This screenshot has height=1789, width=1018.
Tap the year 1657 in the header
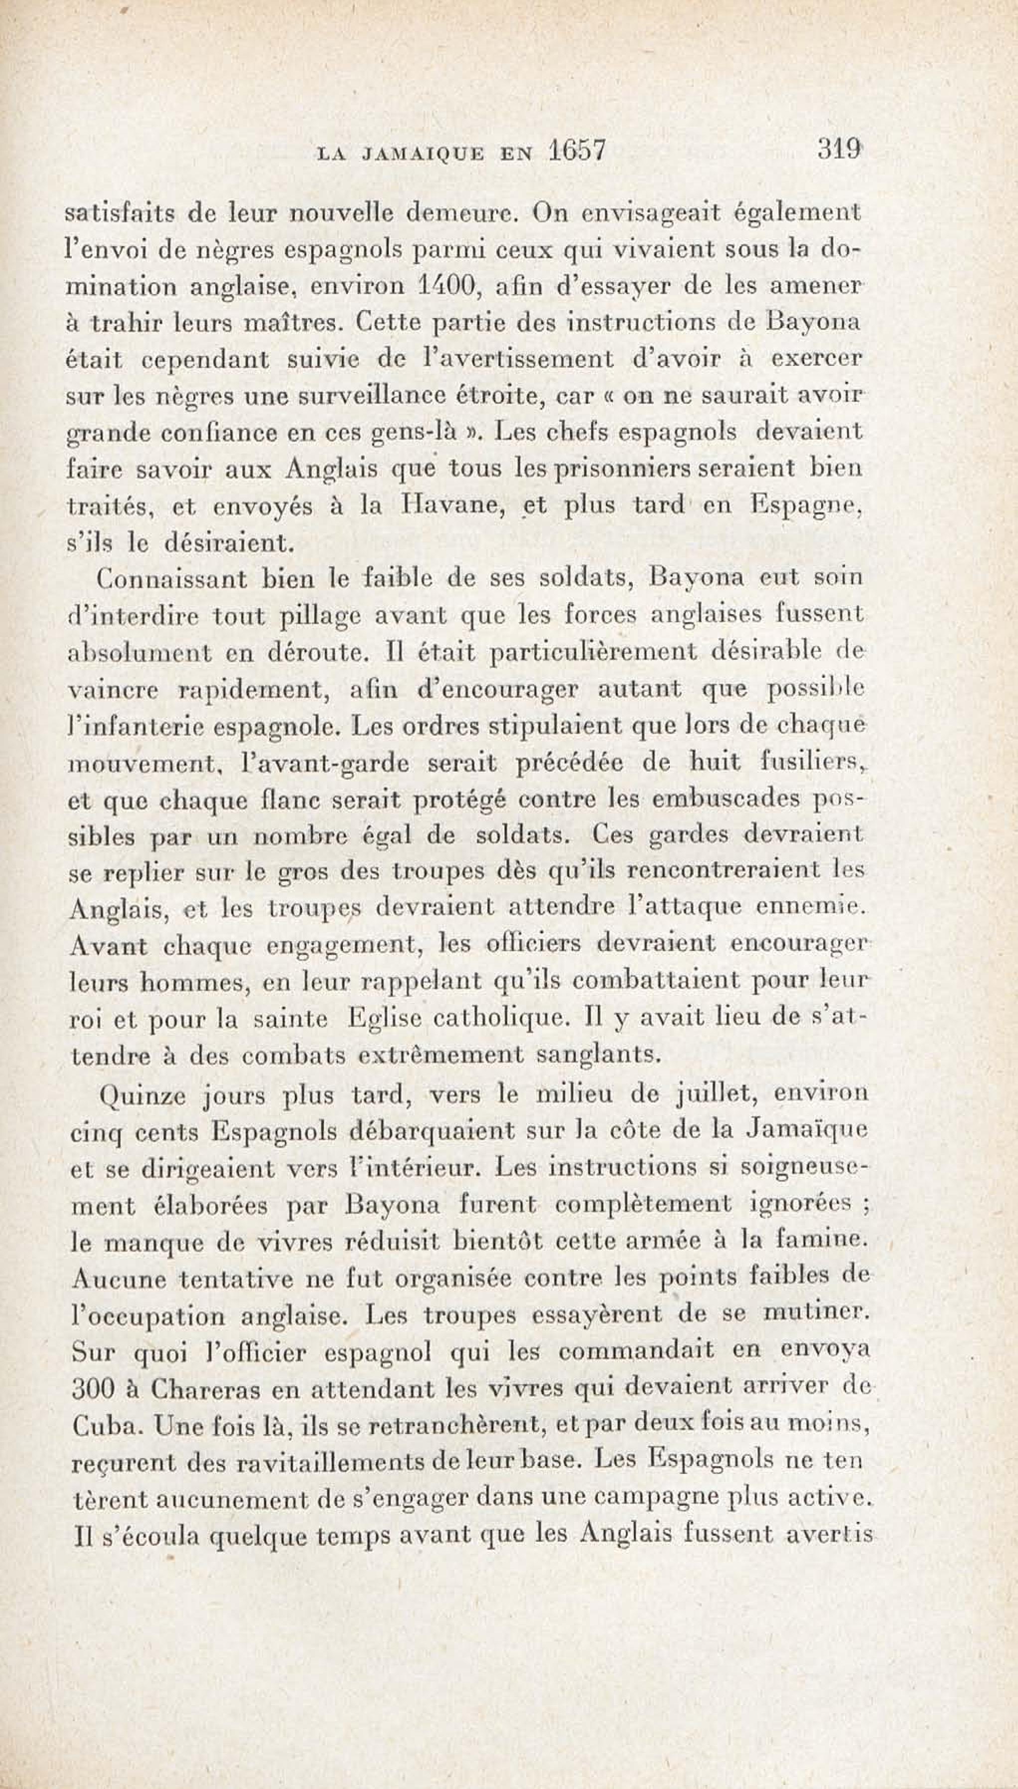pyautogui.click(x=578, y=151)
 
